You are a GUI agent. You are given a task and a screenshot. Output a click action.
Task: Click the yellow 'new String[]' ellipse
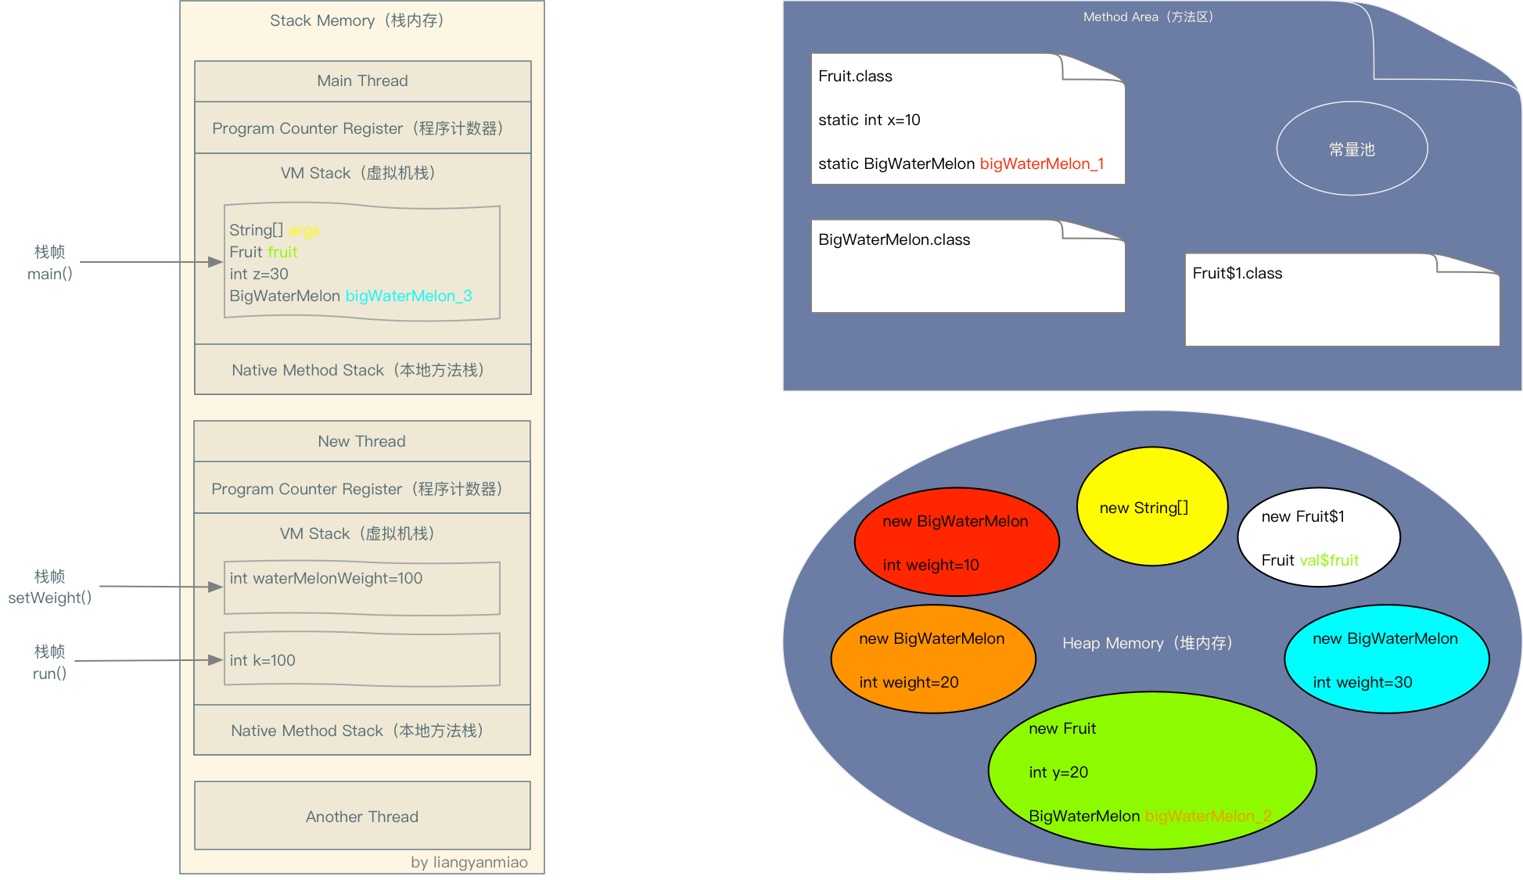tap(1151, 506)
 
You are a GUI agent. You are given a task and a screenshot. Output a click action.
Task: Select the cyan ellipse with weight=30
tap(1386, 659)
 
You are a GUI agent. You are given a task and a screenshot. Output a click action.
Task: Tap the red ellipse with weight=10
tap(956, 541)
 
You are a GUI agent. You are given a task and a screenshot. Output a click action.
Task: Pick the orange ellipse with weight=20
tap(932, 659)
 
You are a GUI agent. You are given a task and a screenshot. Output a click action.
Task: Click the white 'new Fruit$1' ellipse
tap(1318, 537)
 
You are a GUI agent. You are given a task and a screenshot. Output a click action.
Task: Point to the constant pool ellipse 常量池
tap(1352, 149)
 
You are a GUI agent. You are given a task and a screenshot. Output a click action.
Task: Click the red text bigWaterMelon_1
tap(1042, 163)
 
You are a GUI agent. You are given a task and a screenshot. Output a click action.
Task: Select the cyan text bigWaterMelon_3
tap(408, 296)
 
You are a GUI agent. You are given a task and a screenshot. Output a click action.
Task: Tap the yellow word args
tap(304, 230)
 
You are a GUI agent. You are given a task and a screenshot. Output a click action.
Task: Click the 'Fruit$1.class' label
tap(1237, 273)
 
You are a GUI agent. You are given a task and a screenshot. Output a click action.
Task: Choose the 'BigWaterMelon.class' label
tap(894, 239)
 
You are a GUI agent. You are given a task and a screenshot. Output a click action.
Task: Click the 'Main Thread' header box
tap(362, 81)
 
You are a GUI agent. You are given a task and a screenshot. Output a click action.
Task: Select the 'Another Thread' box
tap(362, 816)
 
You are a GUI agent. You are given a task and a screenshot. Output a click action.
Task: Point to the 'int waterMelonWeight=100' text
tap(325, 578)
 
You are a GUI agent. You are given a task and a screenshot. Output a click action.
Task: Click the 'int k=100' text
tap(262, 660)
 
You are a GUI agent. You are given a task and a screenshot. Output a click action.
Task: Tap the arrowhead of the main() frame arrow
tap(217, 262)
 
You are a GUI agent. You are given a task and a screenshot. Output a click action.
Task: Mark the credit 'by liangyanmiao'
tap(469, 862)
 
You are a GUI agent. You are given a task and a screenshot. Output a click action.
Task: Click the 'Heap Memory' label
tap(1147, 643)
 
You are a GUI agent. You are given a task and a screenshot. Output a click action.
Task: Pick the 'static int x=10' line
tap(869, 120)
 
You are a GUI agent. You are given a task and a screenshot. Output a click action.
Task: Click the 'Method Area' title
tap(1148, 16)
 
